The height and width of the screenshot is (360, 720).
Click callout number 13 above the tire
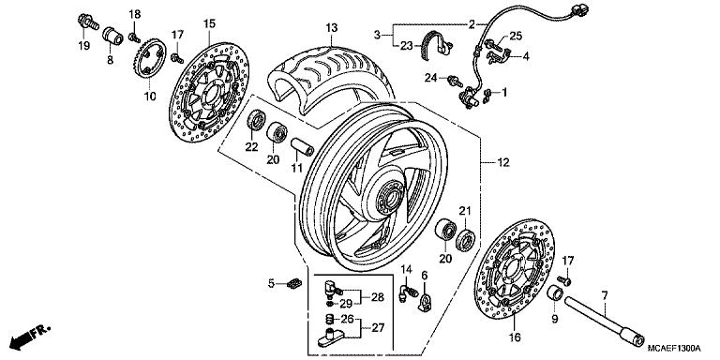(x=330, y=29)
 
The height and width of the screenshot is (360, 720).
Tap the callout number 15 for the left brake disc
(x=208, y=22)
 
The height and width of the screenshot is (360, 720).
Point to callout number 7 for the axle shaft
(x=607, y=295)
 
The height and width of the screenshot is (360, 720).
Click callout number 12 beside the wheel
(x=503, y=164)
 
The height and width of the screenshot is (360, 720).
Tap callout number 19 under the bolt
(x=83, y=46)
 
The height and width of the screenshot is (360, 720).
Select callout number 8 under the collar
(x=110, y=60)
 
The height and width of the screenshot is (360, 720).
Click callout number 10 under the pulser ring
(x=149, y=97)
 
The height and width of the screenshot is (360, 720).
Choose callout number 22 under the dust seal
(x=250, y=146)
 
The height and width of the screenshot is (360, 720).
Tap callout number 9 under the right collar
(x=553, y=319)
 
